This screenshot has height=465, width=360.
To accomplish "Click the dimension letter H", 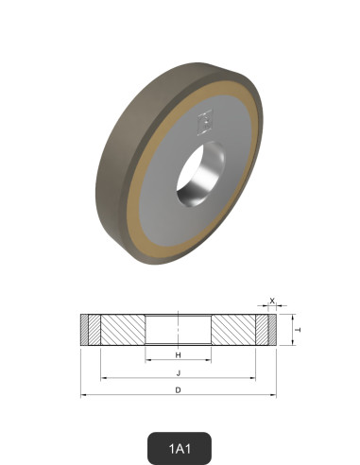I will pyautogui.click(x=179, y=354).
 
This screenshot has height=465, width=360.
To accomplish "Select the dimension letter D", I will pyautogui.click(x=179, y=389).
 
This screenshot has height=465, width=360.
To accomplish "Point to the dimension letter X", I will pyautogui.click(x=273, y=301).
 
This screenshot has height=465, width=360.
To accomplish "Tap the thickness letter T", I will pyautogui.click(x=298, y=330).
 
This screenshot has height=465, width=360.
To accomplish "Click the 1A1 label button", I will pyautogui.click(x=180, y=445).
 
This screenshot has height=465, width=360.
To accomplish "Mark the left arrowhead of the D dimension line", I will pyautogui.click(x=83, y=396).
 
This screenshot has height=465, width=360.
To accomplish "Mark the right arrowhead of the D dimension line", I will pyautogui.click(x=275, y=396).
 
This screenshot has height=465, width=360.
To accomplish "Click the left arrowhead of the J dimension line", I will pyautogui.click(x=102, y=378).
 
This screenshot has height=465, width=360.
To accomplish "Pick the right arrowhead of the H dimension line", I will pyautogui.click(x=210, y=361).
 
